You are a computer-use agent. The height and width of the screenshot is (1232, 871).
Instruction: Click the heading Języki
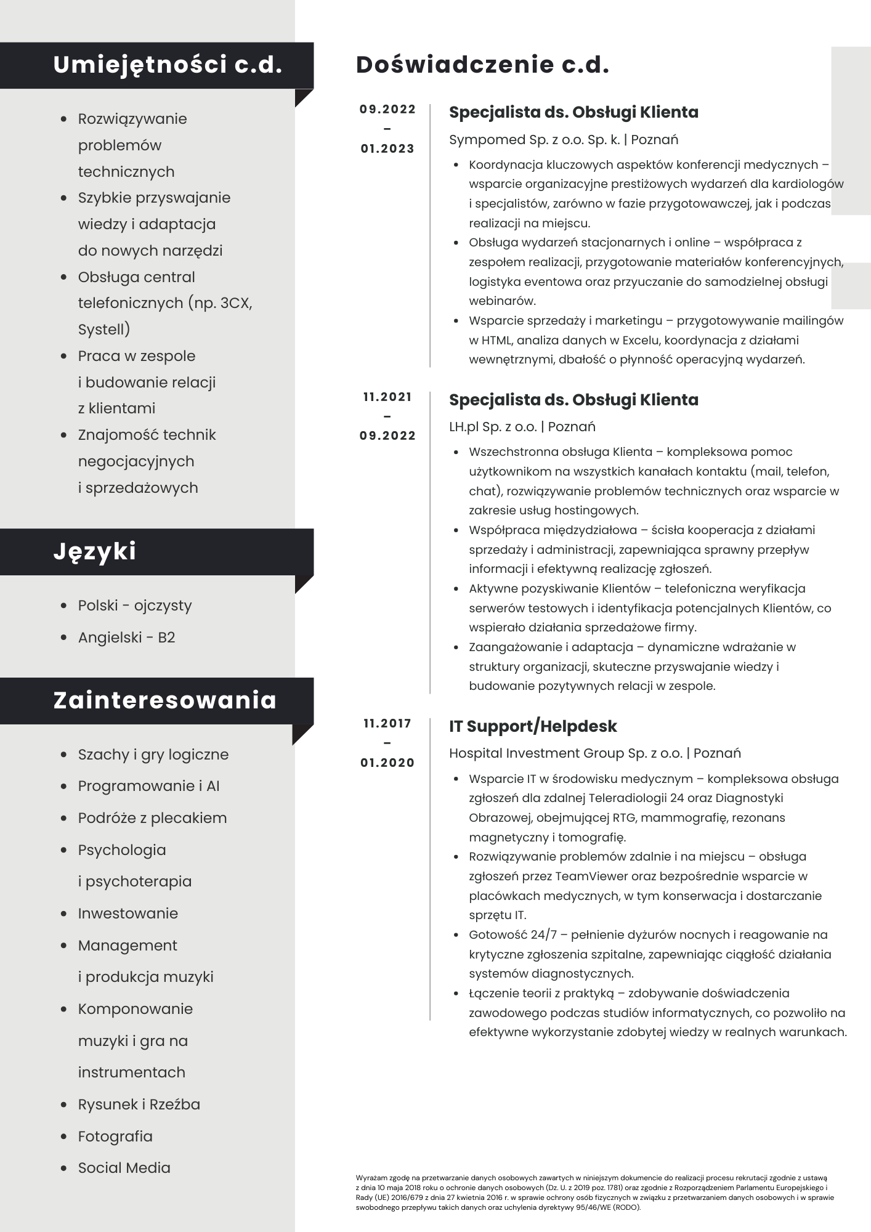point(94,551)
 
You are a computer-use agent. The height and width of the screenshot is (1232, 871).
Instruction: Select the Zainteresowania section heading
point(164,700)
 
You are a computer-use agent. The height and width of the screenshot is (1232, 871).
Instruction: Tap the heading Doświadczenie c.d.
point(482,65)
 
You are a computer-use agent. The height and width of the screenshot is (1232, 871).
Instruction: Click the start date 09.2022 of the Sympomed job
point(387,110)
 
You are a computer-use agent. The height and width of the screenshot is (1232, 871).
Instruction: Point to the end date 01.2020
point(387,763)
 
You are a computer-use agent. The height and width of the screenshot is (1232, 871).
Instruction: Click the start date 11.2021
point(387,397)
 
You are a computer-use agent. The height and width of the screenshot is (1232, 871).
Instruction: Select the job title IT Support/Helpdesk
point(533,726)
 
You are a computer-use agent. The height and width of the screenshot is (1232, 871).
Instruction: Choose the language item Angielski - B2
point(126,637)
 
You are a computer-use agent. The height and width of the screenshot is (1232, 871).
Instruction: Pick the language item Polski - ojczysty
point(134,606)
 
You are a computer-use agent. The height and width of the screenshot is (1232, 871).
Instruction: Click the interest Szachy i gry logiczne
point(153,755)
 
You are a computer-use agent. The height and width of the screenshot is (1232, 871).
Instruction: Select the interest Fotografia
point(115,1137)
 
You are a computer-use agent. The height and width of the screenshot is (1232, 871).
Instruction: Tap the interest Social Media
point(124,1168)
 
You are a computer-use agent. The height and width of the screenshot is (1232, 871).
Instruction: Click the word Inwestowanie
point(128,914)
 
